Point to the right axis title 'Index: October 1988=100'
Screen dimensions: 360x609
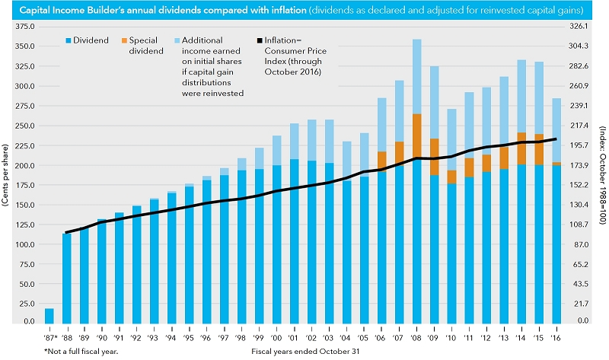tap(601, 174)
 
